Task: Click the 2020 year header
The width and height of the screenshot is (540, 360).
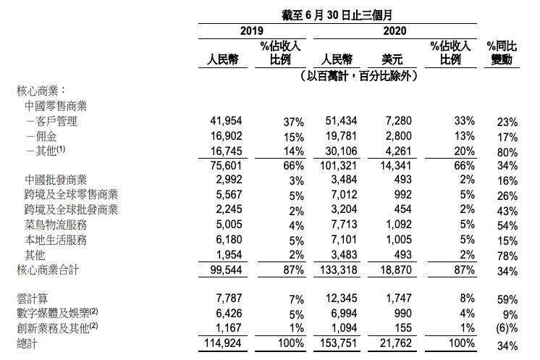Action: (394, 30)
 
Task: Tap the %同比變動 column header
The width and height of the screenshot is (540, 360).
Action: (500, 53)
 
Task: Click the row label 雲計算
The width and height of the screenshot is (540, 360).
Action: (33, 298)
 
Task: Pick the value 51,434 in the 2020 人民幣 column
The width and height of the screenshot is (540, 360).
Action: (337, 121)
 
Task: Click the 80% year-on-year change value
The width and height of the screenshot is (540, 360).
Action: (507, 151)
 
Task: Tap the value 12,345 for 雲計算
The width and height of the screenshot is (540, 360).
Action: (337, 298)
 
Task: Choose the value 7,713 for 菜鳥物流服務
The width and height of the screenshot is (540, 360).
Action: (340, 225)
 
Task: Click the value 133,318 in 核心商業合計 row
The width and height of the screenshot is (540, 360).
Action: (334, 270)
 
